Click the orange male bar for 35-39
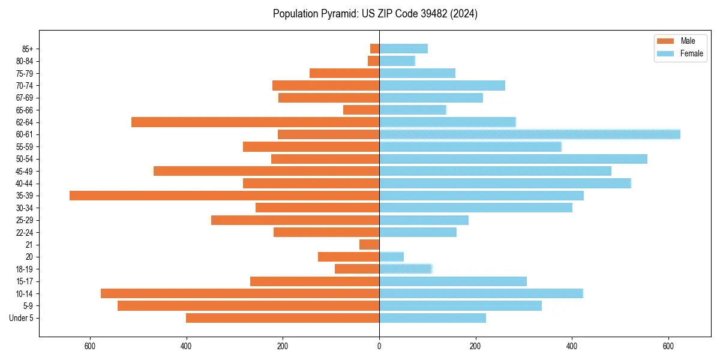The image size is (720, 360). tap(224, 196)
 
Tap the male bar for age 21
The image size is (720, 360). tap(370, 244)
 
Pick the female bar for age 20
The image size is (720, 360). tap(391, 257)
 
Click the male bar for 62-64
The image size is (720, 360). tap(255, 122)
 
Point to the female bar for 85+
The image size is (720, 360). tap(403, 49)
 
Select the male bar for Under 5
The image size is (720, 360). tap(283, 318)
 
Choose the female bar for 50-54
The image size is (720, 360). tap(513, 159)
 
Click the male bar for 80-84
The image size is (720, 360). tap(373, 61)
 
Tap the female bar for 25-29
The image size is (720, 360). tap(424, 220)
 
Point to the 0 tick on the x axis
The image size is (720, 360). tap(379, 346)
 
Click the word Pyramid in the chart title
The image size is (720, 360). tap(338, 14)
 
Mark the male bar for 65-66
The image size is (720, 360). tap(361, 110)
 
